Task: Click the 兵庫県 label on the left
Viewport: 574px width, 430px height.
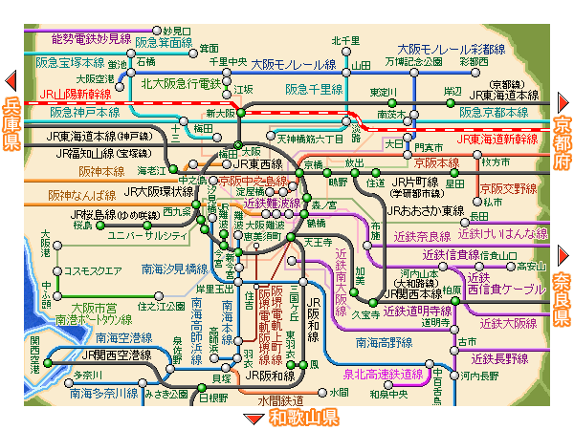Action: tap(12, 123)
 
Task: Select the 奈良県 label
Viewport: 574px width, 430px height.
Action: tap(563, 296)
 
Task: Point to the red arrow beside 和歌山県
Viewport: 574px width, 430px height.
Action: tap(254, 419)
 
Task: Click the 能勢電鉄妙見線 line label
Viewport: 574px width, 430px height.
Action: tap(90, 37)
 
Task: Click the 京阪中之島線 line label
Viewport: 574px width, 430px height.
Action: tap(252, 180)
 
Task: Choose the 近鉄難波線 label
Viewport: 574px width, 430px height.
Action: tap(272, 203)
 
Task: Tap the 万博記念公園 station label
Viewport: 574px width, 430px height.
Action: tap(414, 61)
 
